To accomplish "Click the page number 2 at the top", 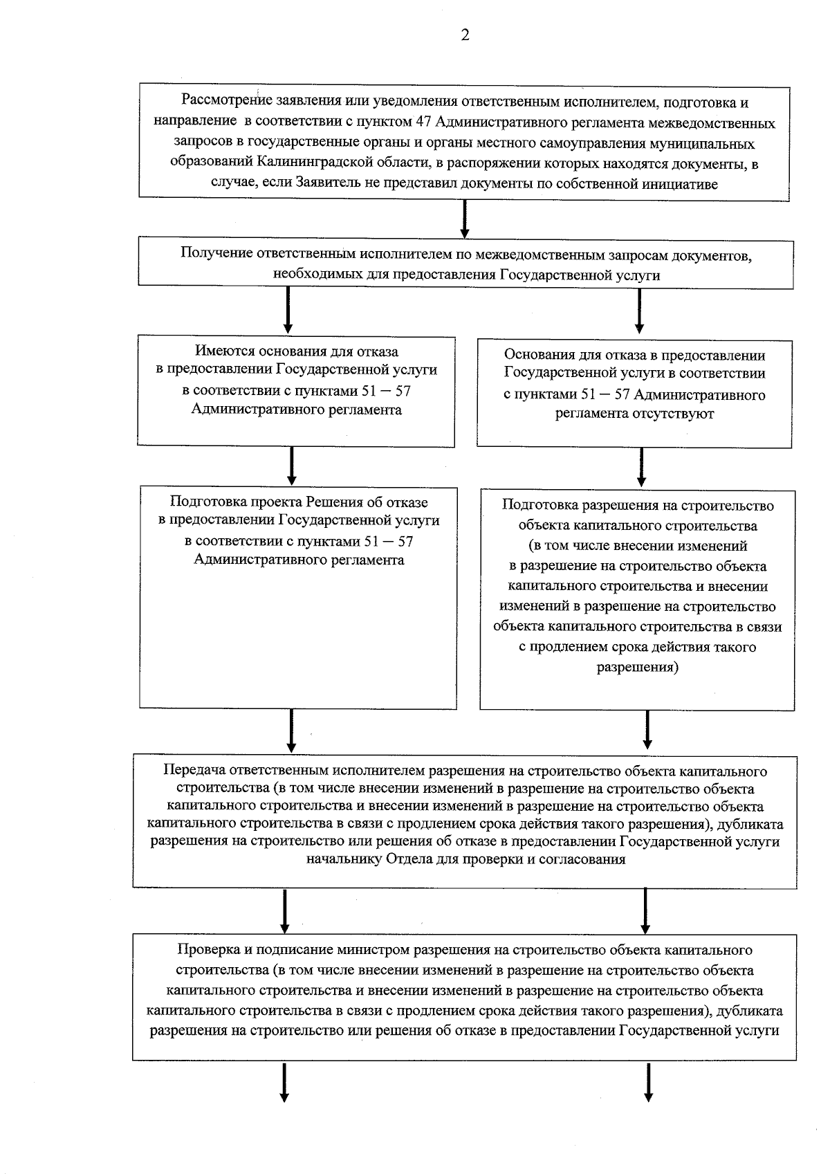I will [465, 36].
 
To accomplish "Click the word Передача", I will [194, 771].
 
